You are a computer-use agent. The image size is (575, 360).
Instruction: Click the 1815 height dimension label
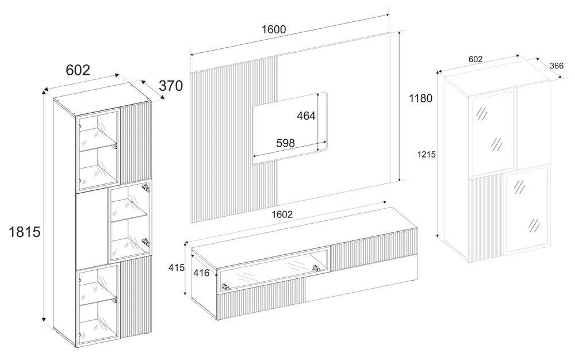click(24, 232)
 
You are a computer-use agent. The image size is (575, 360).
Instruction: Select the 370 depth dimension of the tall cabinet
click(171, 86)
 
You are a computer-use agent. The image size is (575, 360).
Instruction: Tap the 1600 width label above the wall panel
click(274, 29)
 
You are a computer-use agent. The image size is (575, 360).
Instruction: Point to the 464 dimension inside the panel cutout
click(306, 116)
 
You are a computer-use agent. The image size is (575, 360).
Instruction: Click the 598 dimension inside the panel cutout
click(285, 143)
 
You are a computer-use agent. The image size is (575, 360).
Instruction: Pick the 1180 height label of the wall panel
click(421, 98)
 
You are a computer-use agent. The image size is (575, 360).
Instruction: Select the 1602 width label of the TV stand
click(282, 215)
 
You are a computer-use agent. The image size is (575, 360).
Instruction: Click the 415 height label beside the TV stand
click(177, 268)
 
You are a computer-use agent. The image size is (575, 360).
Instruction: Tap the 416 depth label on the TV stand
click(201, 273)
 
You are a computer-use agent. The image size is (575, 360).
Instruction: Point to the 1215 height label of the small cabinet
click(427, 155)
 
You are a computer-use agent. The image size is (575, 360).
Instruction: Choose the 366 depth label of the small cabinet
click(556, 66)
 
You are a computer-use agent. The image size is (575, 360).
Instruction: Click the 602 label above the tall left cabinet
click(78, 70)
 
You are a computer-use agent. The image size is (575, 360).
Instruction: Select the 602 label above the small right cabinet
click(476, 59)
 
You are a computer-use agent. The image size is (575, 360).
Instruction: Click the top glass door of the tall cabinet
click(98, 150)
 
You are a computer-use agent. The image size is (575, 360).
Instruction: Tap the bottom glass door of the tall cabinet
click(98, 305)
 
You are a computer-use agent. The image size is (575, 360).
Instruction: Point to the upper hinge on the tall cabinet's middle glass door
click(146, 187)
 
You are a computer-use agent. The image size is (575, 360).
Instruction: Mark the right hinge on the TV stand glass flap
click(316, 269)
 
